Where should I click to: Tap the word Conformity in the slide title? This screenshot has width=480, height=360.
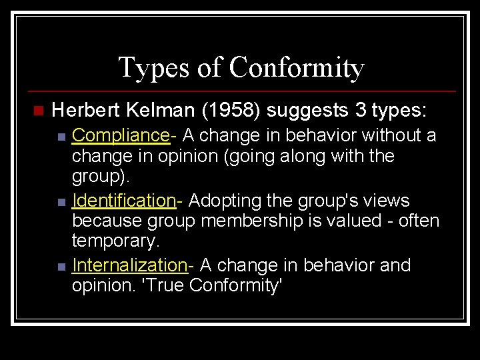click(x=296, y=67)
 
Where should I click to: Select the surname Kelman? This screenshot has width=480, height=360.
click(x=153, y=109)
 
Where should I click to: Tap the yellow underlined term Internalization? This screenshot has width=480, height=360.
click(x=130, y=265)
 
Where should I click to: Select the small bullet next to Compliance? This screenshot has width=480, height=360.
click(x=61, y=137)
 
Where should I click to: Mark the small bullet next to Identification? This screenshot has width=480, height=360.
click(x=61, y=202)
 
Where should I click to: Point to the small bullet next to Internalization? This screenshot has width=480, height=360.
click(x=61, y=267)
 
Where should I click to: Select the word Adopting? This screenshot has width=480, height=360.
click(x=221, y=201)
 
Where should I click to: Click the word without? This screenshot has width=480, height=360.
click(x=388, y=136)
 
